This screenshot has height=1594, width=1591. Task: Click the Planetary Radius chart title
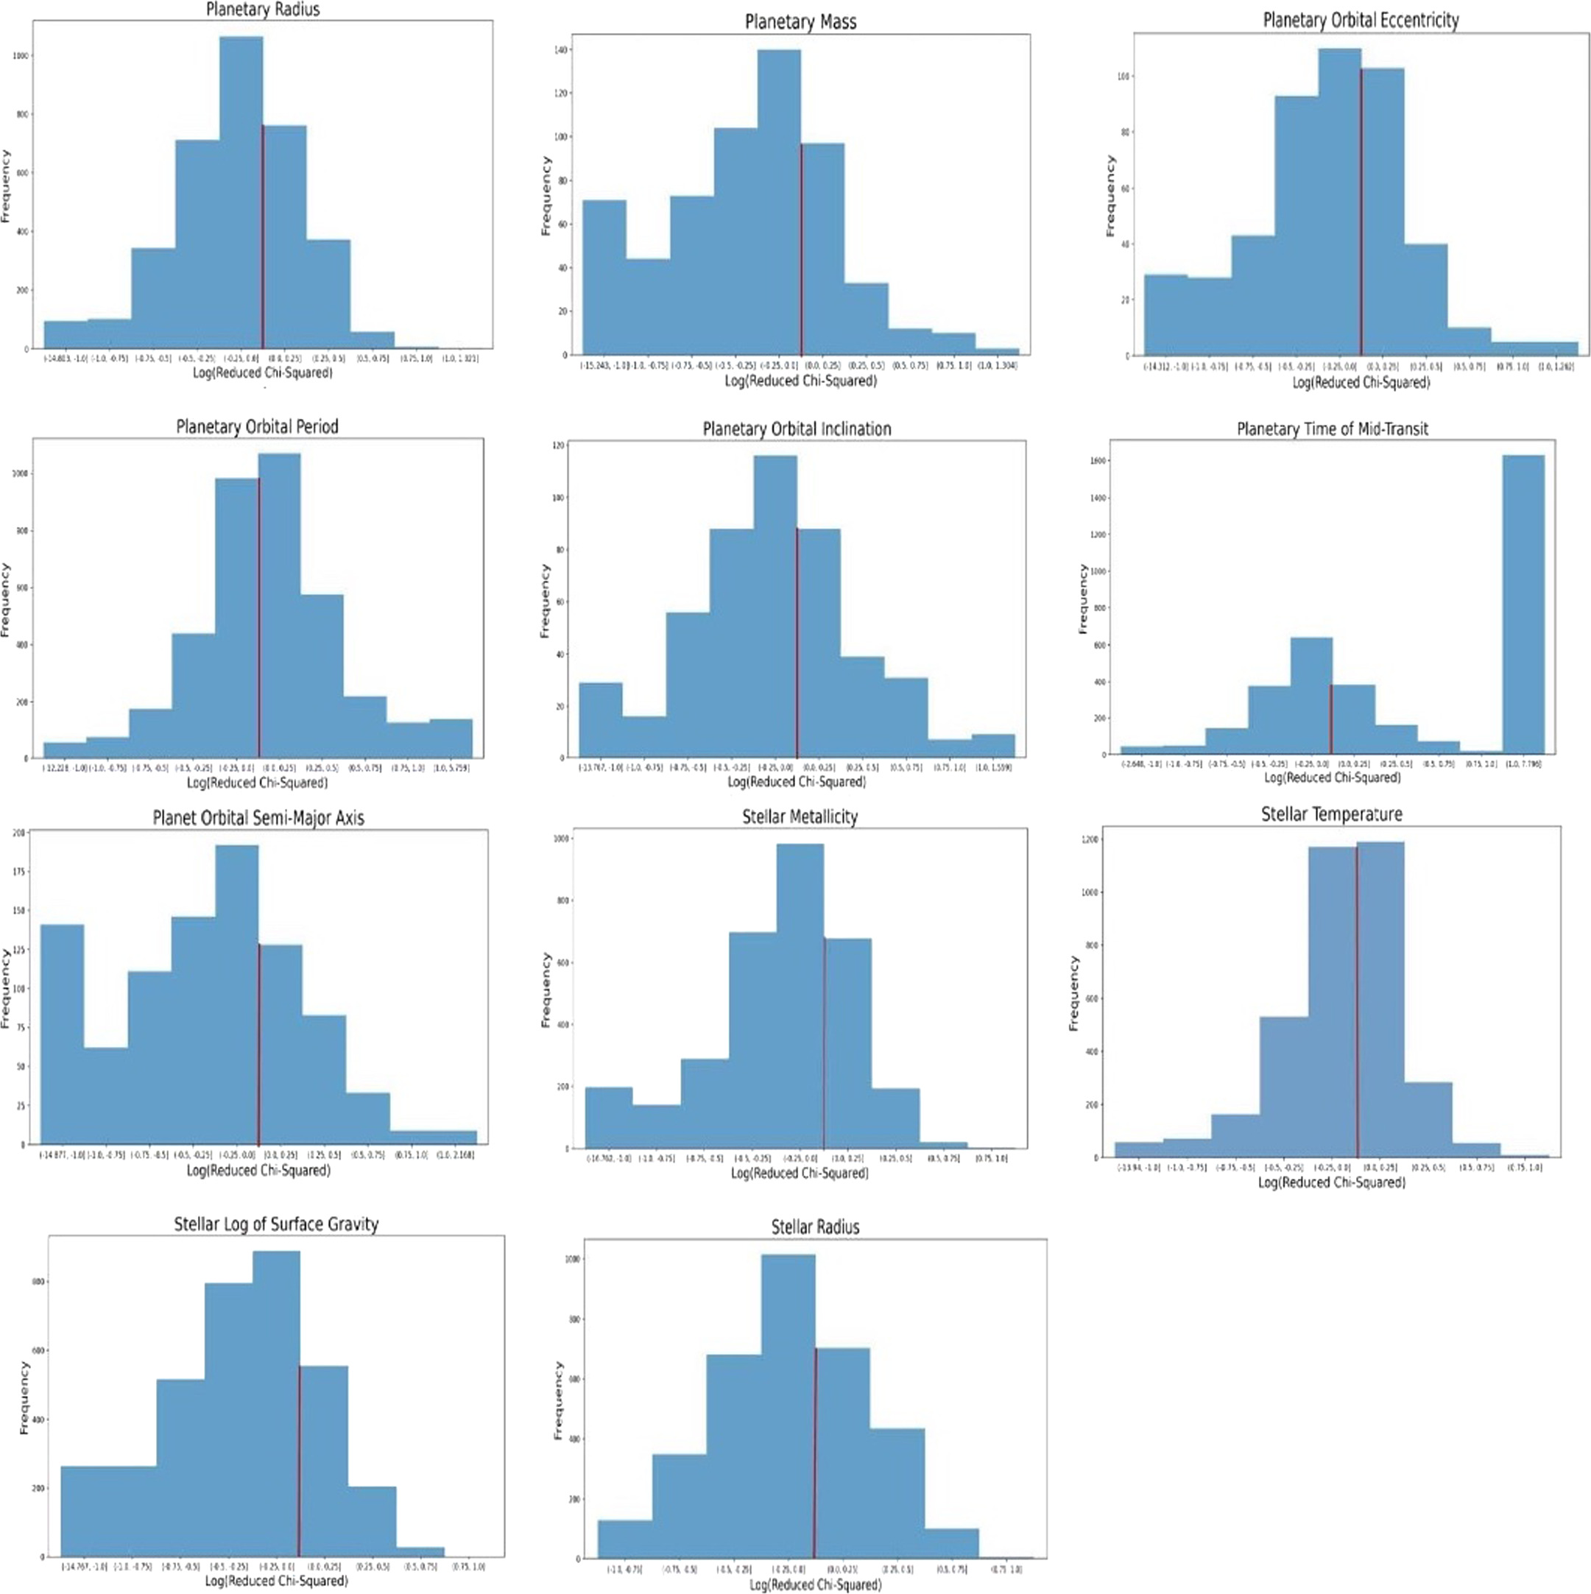[x=262, y=10]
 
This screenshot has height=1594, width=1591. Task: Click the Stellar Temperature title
[x=1331, y=814]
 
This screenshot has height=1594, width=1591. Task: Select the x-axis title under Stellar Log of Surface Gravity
[x=276, y=1581]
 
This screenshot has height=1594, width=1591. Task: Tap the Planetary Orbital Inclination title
[x=797, y=429]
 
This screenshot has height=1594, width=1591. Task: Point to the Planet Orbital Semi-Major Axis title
[x=258, y=819]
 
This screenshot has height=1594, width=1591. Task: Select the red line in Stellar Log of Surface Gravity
[x=299, y=1460]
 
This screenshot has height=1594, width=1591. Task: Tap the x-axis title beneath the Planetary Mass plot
[x=800, y=381]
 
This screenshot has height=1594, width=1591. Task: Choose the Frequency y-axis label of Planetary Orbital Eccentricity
[x=1110, y=196]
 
